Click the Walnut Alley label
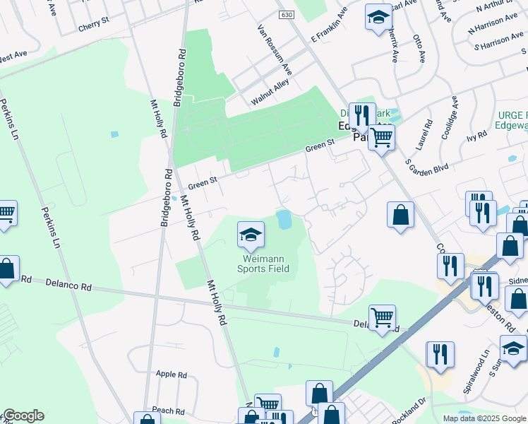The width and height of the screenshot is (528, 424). pyautogui.click(x=270, y=92)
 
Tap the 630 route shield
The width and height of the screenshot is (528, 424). pyautogui.click(x=286, y=14)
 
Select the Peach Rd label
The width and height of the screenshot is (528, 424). pyautogui.click(x=167, y=411)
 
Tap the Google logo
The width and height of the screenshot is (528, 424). pyautogui.click(x=23, y=416)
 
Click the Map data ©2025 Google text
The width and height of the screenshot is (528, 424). pyautogui.click(x=484, y=418)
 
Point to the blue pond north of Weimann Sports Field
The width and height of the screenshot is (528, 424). pyautogui.click(x=284, y=219)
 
